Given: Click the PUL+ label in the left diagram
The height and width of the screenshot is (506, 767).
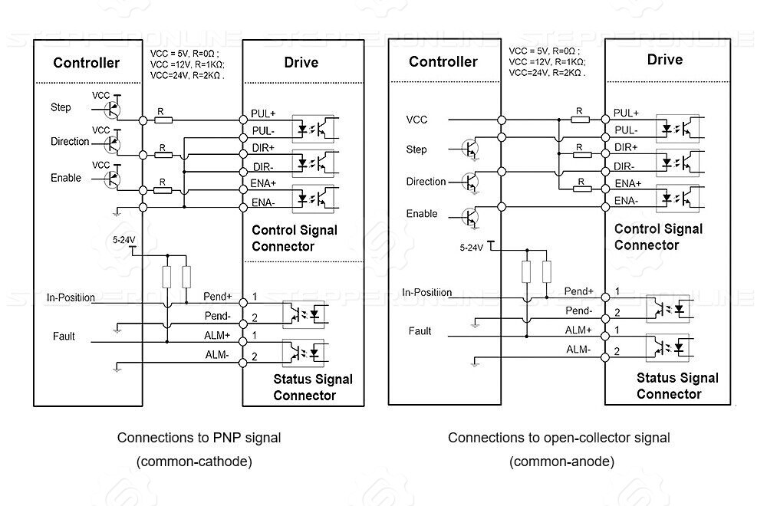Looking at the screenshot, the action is pos(263,113).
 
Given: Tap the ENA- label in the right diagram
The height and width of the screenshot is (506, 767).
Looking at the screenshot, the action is pos(626,200).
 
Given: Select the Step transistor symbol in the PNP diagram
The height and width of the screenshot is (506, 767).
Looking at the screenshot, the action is pos(112,110).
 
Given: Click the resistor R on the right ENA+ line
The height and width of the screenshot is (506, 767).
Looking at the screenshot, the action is pos(581,189).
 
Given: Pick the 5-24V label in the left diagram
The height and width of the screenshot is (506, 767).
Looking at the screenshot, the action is pos(123,239).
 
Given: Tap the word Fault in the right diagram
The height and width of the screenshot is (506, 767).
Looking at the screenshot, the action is pos(420,331).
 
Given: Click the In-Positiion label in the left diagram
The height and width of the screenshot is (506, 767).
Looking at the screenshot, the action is pos(71,297).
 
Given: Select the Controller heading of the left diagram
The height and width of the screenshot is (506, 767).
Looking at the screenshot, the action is pos(87,63).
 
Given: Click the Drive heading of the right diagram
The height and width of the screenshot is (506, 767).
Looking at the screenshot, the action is pos(665,60).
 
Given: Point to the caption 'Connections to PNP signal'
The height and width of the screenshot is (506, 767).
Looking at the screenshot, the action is pos(199,438).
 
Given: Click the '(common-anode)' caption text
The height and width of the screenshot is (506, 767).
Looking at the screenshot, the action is pos(561,462).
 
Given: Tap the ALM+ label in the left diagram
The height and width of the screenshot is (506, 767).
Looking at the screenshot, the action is pos(217,335).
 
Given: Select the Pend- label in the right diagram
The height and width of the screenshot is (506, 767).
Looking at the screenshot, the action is pos(578,310).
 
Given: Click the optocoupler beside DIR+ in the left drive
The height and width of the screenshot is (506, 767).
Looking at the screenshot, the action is pos(313,163).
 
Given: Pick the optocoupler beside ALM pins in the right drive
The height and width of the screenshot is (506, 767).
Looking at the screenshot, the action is pos(668,347).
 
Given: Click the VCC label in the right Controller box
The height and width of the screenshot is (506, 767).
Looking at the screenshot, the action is pos(416,120).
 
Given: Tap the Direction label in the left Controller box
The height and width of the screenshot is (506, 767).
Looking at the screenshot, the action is pos(70,142).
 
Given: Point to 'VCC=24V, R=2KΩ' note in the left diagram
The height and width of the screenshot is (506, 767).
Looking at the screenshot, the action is pos(187,75).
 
